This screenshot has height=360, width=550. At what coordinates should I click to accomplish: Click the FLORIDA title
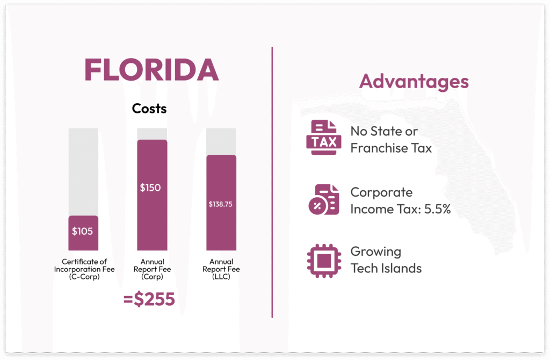[151, 70]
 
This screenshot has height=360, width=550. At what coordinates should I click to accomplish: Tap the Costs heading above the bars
[149, 109]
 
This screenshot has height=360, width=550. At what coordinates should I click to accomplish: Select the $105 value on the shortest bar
[83, 232]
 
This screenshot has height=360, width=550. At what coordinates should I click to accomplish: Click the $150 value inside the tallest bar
[150, 188]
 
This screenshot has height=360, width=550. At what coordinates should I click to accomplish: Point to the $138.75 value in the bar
[220, 204]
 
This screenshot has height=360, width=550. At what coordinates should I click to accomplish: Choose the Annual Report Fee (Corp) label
[151, 269]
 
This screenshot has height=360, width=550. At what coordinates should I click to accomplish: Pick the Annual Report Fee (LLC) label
[221, 269]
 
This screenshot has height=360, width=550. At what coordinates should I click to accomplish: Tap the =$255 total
[149, 299]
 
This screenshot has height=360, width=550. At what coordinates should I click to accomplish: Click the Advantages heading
[414, 82]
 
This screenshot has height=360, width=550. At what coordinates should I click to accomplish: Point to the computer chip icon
[323, 261]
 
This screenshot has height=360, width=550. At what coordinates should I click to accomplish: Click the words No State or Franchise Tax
[390, 140]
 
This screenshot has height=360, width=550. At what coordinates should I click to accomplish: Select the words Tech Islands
[386, 268]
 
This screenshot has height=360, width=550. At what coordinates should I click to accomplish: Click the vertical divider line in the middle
[272, 183]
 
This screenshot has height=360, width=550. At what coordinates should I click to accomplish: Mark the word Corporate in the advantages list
[381, 192]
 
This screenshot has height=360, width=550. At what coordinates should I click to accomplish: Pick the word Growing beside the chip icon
[375, 251]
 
